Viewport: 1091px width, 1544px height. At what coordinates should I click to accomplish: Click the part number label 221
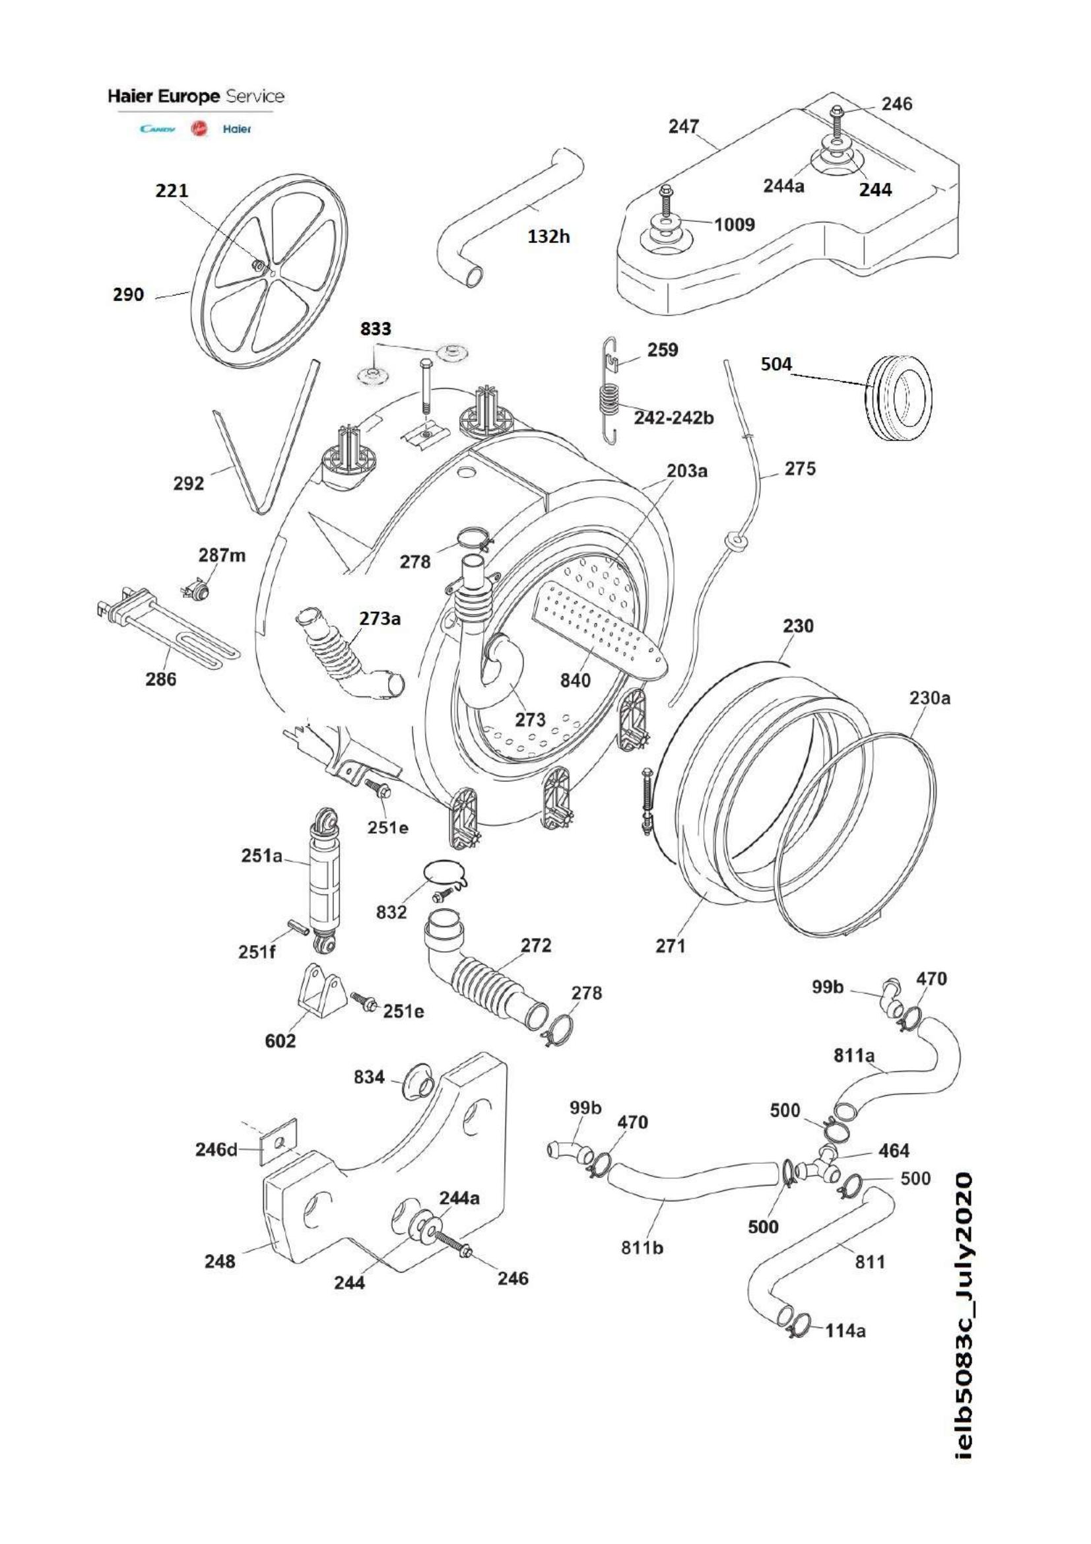tap(172, 191)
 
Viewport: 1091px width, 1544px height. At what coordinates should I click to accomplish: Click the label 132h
tap(548, 236)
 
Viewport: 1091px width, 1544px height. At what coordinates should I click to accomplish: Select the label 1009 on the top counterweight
tap(734, 224)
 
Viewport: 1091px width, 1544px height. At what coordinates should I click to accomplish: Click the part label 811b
tap(642, 1248)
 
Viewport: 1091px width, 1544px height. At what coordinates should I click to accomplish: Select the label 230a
tap(931, 698)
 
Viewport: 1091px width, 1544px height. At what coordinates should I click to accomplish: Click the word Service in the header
tap(254, 96)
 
